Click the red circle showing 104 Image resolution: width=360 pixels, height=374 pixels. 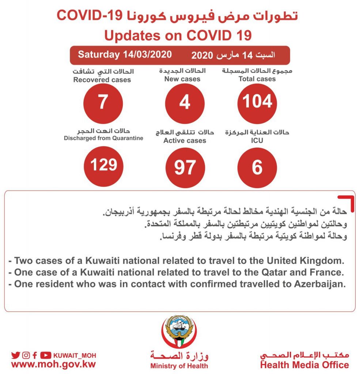[x=257, y=102]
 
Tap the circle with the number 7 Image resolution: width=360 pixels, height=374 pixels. [x=103, y=102]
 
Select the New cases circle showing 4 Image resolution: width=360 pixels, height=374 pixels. [x=185, y=102]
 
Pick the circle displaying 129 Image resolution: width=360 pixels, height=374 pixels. [x=104, y=165]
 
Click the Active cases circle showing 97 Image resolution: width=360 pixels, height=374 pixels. [x=185, y=167]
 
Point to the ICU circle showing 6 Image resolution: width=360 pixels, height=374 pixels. [x=257, y=167]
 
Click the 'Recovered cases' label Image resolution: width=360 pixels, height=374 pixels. [x=102, y=80]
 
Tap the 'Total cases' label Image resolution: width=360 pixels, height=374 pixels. [x=257, y=79]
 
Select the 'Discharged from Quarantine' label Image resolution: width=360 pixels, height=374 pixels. [x=103, y=138]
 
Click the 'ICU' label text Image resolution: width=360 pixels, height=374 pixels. [x=257, y=140]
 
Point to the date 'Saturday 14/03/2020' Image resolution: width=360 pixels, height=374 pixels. [x=125, y=55]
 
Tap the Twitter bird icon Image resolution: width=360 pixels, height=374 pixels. [x=15, y=355]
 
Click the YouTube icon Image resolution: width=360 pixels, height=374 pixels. [x=46, y=355]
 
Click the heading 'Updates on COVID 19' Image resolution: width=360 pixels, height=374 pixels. [x=178, y=36]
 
